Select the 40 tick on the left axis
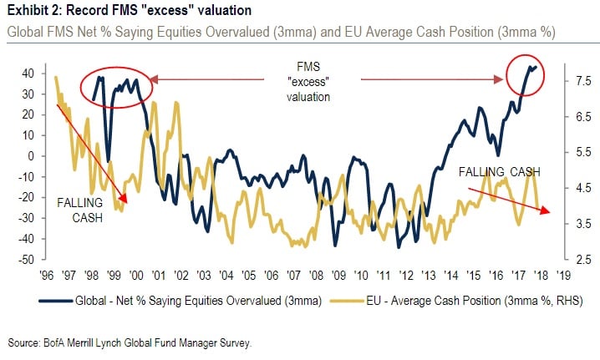(28, 74)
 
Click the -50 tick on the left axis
(26, 260)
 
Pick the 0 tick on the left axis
(31, 156)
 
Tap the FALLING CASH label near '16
(499, 172)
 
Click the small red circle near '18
(526, 74)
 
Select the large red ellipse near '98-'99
(116, 84)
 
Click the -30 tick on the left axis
(26, 218)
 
